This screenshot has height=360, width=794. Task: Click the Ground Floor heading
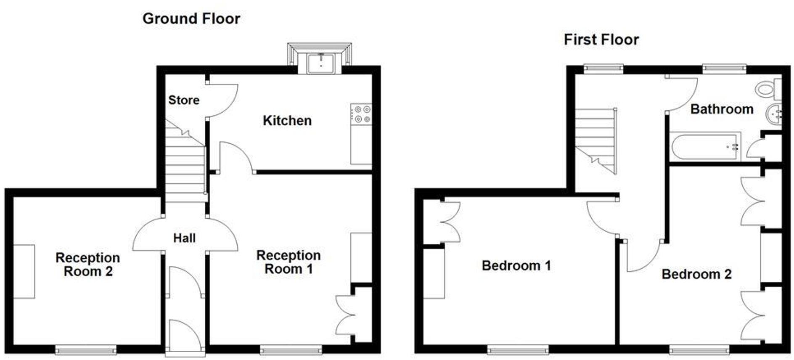(191, 19)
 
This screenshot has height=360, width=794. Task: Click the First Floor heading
(601, 40)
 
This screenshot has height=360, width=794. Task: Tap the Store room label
(184, 100)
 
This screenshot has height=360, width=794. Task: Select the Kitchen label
(287, 121)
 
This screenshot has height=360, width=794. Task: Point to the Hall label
(184, 238)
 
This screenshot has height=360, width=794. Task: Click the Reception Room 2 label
(88, 264)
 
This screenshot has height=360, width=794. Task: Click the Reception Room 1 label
(288, 262)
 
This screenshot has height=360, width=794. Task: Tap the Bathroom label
(722, 109)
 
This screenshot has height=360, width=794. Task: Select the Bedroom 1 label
(516, 265)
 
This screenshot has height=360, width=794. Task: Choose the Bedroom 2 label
(696, 274)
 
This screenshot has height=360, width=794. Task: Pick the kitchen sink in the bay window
(320, 64)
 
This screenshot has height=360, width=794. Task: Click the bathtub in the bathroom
(705, 147)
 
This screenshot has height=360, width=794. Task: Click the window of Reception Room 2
(86, 349)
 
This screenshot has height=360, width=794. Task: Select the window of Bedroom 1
(518, 349)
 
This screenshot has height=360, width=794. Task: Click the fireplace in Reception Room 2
(24, 272)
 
